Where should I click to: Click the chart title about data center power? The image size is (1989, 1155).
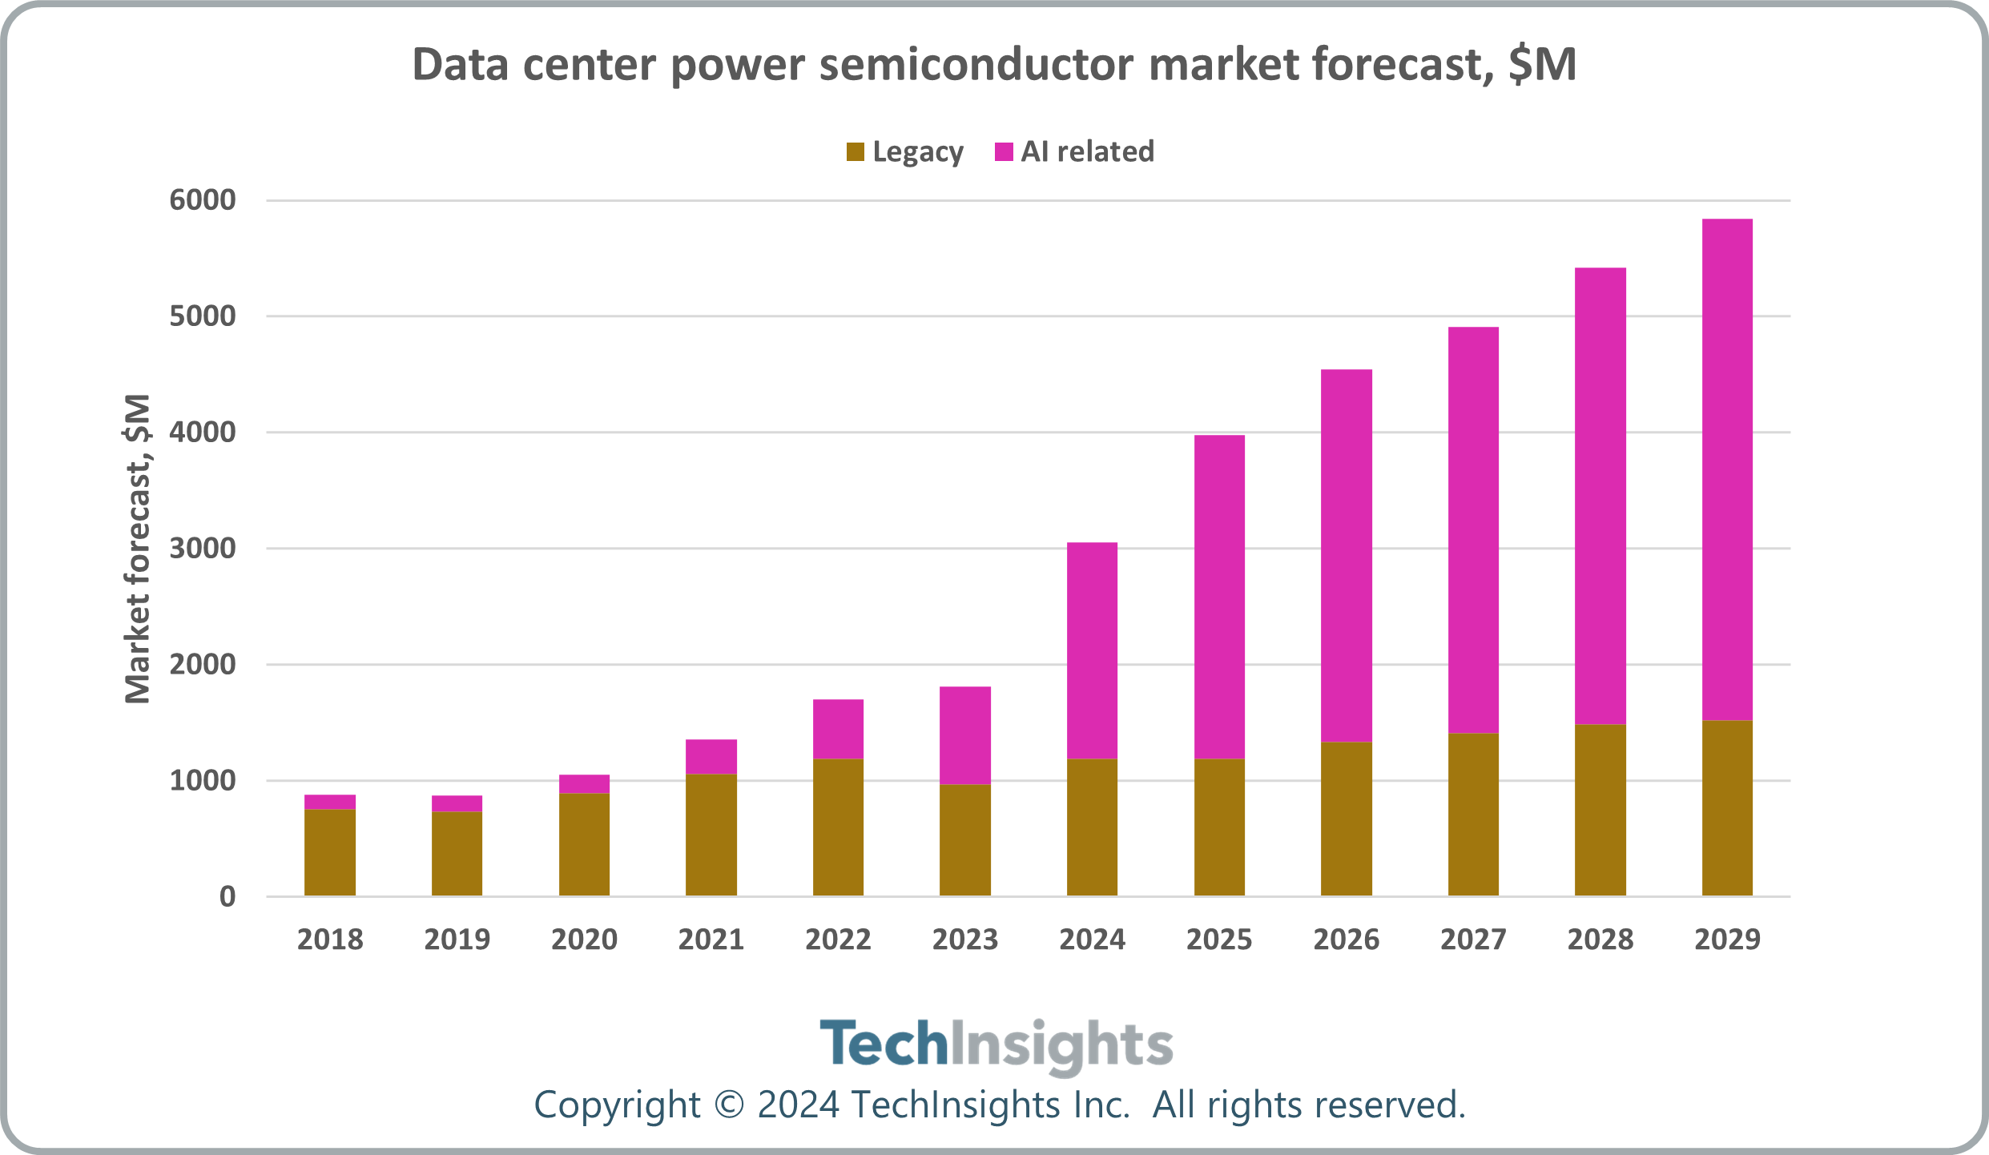tap(994, 64)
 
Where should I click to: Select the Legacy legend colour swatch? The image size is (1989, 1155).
tap(856, 151)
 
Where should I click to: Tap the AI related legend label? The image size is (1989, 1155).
tap(1087, 151)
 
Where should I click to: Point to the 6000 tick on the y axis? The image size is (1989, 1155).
tap(203, 200)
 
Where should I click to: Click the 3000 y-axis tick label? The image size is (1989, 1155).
tap(203, 549)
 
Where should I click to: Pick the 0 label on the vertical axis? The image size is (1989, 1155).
tap(227, 897)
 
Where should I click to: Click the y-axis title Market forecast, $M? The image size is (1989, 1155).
tap(138, 549)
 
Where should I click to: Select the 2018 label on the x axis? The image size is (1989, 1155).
tap(330, 939)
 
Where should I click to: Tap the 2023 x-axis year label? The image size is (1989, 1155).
tap(965, 939)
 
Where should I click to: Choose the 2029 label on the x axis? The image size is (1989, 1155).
tap(1727, 939)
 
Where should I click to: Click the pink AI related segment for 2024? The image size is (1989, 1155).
tap(1092, 650)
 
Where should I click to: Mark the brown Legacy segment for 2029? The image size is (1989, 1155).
tap(1727, 807)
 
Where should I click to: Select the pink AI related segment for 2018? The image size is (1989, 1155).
tap(330, 802)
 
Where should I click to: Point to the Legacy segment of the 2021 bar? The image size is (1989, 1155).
tap(711, 835)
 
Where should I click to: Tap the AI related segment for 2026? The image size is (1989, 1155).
tap(1346, 556)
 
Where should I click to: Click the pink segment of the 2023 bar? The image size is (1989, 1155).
tap(965, 735)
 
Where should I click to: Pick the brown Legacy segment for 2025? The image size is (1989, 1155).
tap(1219, 827)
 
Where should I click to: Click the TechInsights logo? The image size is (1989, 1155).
tap(996, 1044)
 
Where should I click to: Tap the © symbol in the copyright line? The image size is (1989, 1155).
tap(728, 1105)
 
